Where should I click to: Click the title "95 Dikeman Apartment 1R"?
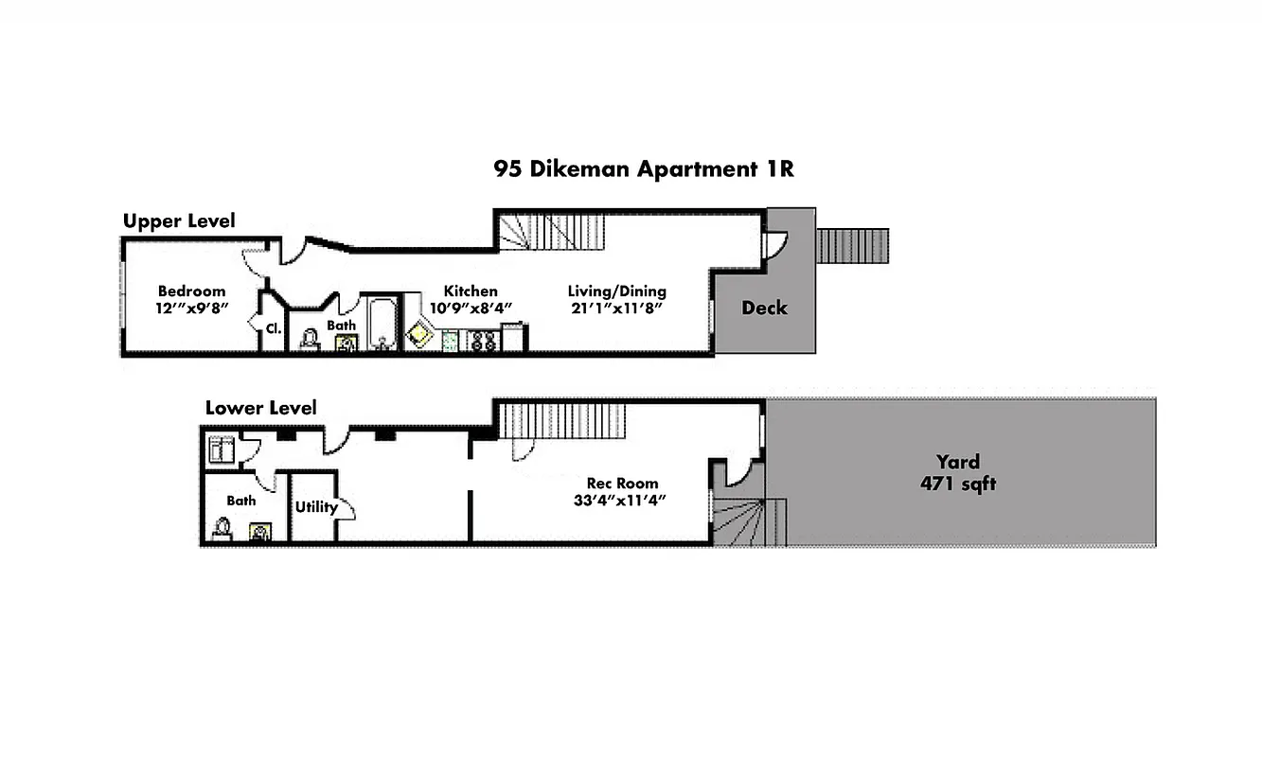tap(643, 169)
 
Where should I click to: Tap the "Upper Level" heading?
tap(179, 220)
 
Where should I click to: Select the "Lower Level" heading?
tap(261, 408)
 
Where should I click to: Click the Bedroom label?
tap(191, 291)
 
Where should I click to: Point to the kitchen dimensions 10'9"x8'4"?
tap(471, 308)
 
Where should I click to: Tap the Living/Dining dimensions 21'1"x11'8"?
tap(616, 308)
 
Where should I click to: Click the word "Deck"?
tap(764, 308)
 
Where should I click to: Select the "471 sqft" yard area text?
tap(958, 484)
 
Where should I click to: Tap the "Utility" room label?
tap(316, 507)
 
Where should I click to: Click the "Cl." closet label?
tap(273, 328)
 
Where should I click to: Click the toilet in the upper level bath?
tap(310, 339)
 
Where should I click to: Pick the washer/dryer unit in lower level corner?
tap(222, 447)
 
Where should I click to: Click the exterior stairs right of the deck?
tap(852, 246)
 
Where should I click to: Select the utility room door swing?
tap(347, 508)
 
